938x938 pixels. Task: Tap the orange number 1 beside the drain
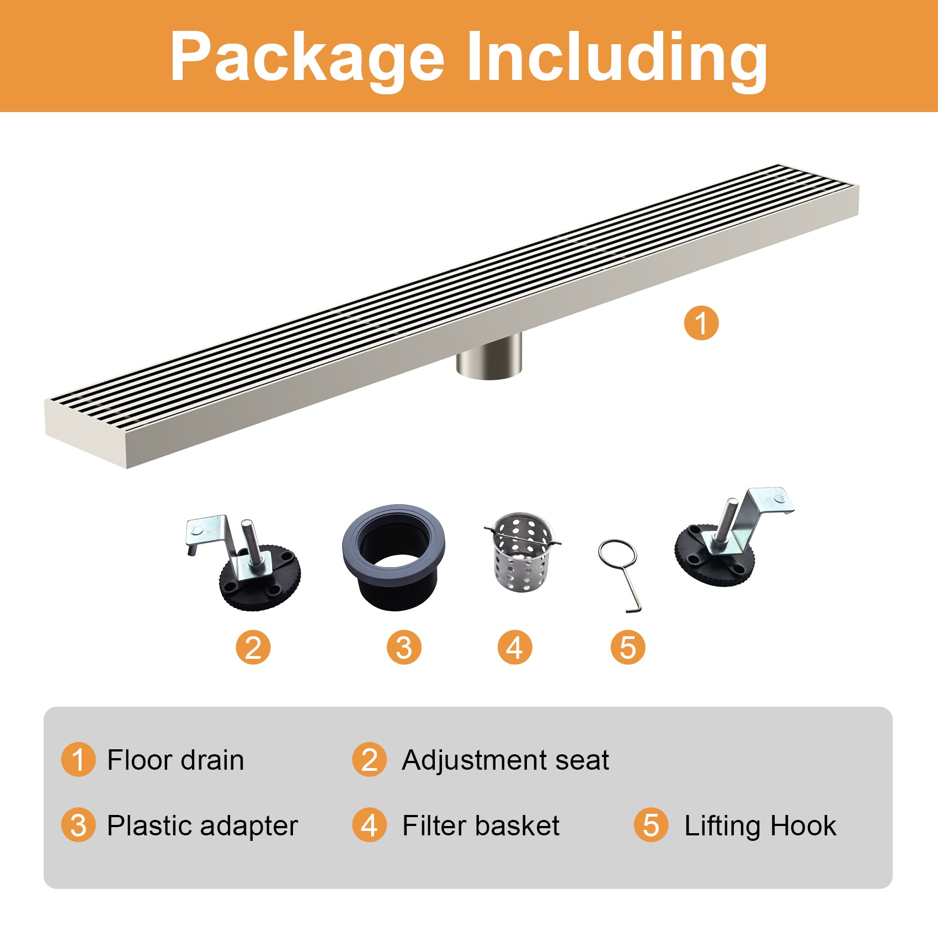point(701,323)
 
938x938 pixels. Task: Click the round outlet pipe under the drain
point(489,356)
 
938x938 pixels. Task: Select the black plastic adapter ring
point(394,557)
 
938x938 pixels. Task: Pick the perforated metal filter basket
point(521,552)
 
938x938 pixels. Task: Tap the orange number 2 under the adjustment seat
point(253,647)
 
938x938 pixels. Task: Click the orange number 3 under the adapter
point(404,647)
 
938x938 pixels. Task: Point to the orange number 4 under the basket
point(515,647)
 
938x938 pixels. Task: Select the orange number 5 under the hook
point(628,647)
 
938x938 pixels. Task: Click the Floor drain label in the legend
point(175,760)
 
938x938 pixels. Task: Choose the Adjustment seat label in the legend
point(505,761)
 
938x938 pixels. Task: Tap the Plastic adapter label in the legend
point(202,827)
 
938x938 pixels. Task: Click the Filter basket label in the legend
point(481,825)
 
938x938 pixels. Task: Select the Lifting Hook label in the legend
point(760,827)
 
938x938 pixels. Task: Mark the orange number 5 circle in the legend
point(651,825)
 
